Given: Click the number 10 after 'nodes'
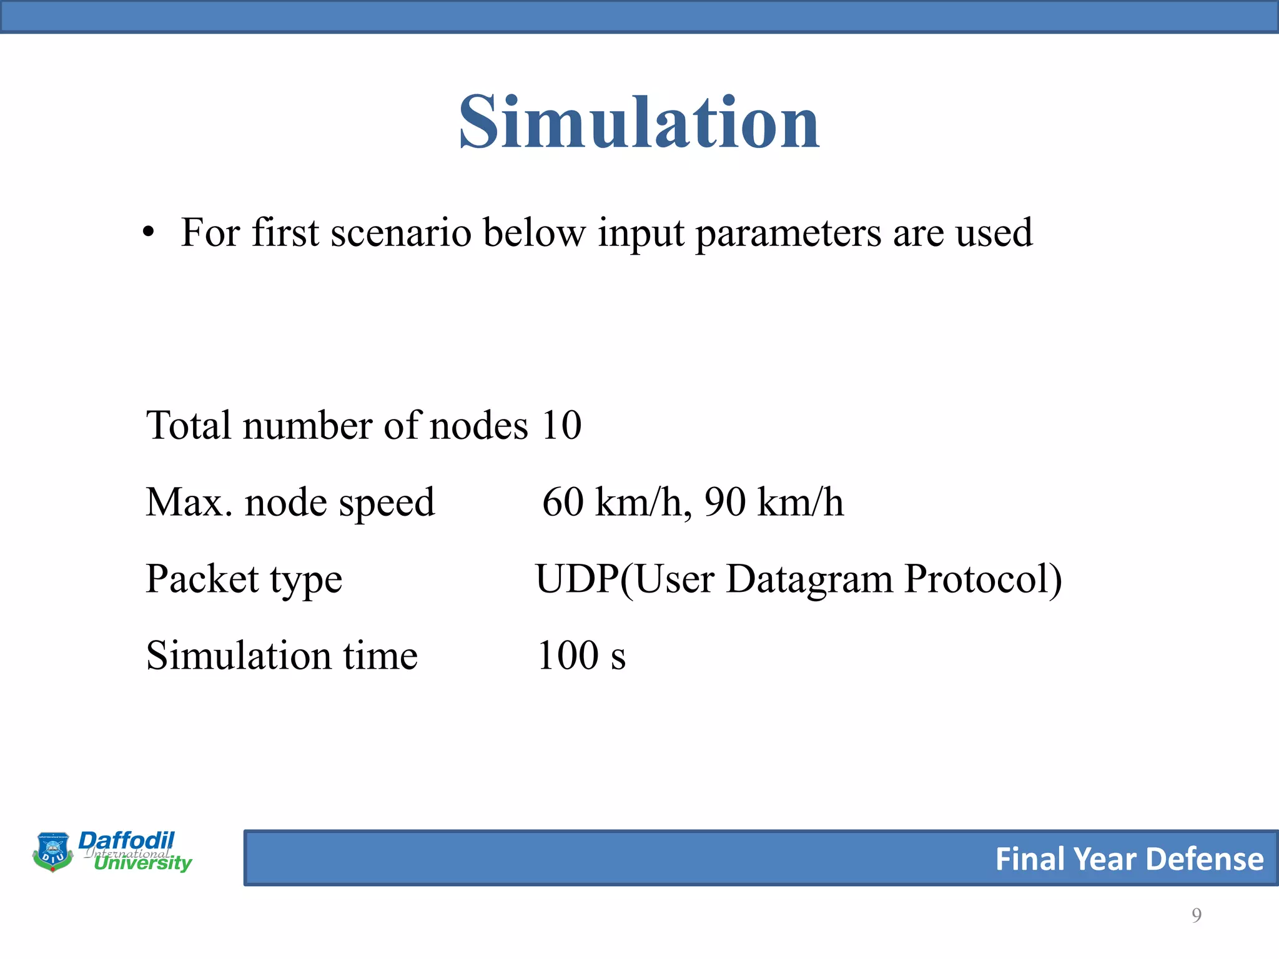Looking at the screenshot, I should click(x=561, y=426).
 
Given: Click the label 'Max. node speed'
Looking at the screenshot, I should click(x=290, y=503).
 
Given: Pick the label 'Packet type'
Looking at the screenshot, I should click(x=244, y=579).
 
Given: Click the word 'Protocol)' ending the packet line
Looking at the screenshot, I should click(x=982, y=579).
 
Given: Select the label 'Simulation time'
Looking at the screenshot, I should click(x=282, y=656).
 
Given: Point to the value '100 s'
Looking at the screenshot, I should click(x=581, y=656).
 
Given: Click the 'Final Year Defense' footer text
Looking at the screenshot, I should click(x=1128, y=859).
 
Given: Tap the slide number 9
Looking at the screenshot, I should click(x=1196, y=915).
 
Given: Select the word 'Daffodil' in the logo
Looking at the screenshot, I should click(x=126, y=840).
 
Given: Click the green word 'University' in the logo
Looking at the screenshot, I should click(x=143, y=864).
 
